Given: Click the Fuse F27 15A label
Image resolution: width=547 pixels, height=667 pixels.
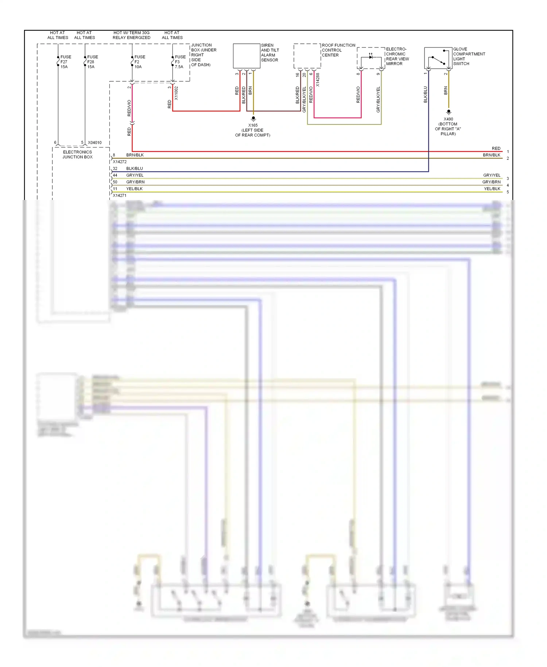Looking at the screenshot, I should click(66, 62).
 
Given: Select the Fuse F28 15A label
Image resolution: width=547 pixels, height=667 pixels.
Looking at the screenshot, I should click(92, 62).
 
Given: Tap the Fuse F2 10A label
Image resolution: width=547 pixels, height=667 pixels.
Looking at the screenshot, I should click(139, 62).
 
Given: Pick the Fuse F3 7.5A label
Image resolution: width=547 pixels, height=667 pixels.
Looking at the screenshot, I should click(180, 62).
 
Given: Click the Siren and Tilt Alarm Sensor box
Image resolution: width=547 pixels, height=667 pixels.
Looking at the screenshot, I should click(247, 56).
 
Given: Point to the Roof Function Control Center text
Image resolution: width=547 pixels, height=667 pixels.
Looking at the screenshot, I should click(338, 50).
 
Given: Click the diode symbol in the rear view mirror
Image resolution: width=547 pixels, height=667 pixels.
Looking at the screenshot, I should click(371, 57).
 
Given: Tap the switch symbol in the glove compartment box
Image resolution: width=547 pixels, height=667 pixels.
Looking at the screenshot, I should click(438, 60).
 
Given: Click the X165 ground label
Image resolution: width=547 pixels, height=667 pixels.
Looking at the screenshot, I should click(253, 130).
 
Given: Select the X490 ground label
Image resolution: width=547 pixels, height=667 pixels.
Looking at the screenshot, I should click(448, 126).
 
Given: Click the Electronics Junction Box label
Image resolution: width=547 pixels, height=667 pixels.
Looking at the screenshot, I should click(77, 155).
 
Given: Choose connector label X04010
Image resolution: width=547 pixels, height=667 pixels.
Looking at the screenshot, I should click(95, 143).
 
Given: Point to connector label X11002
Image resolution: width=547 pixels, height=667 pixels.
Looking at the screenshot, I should click(176, 93).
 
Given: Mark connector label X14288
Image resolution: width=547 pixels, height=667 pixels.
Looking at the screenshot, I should click(318, 80).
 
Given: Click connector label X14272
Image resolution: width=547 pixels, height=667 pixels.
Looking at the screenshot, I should click(120, 162).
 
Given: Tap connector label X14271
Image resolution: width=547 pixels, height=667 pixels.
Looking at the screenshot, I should click(120, 196).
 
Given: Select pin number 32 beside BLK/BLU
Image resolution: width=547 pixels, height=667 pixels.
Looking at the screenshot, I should click(115, 169).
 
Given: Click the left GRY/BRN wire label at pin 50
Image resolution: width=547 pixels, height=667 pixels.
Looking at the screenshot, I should click(135, 182).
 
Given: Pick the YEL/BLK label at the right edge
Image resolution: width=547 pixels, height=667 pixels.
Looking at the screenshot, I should click(492, 189).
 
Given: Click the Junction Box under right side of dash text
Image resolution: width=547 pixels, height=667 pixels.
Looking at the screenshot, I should click(203, 55).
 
